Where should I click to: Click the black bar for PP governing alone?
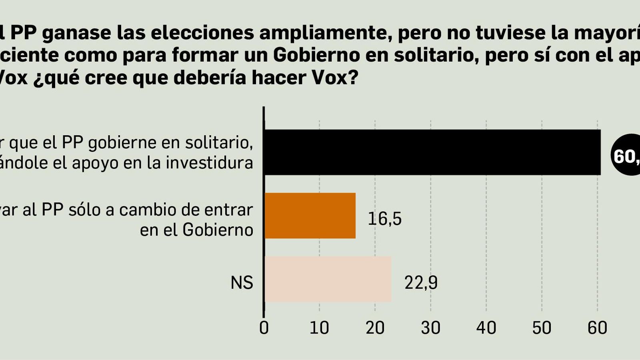pos(432,152)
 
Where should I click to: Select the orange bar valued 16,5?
pos(310,216)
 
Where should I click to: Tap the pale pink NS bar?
pos(328,279)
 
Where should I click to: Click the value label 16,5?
pos(384,219)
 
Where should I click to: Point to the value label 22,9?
pos(421,283)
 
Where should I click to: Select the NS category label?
pos(242,283)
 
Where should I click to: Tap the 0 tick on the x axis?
pos(264,328)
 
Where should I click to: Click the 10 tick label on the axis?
pos(319,328)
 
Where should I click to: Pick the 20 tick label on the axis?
pos(375,328)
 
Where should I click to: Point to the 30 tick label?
pos(430,328)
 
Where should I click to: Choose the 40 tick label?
pos(486,328)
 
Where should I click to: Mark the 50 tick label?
pos(542,328)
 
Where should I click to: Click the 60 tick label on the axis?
pos(597,328)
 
